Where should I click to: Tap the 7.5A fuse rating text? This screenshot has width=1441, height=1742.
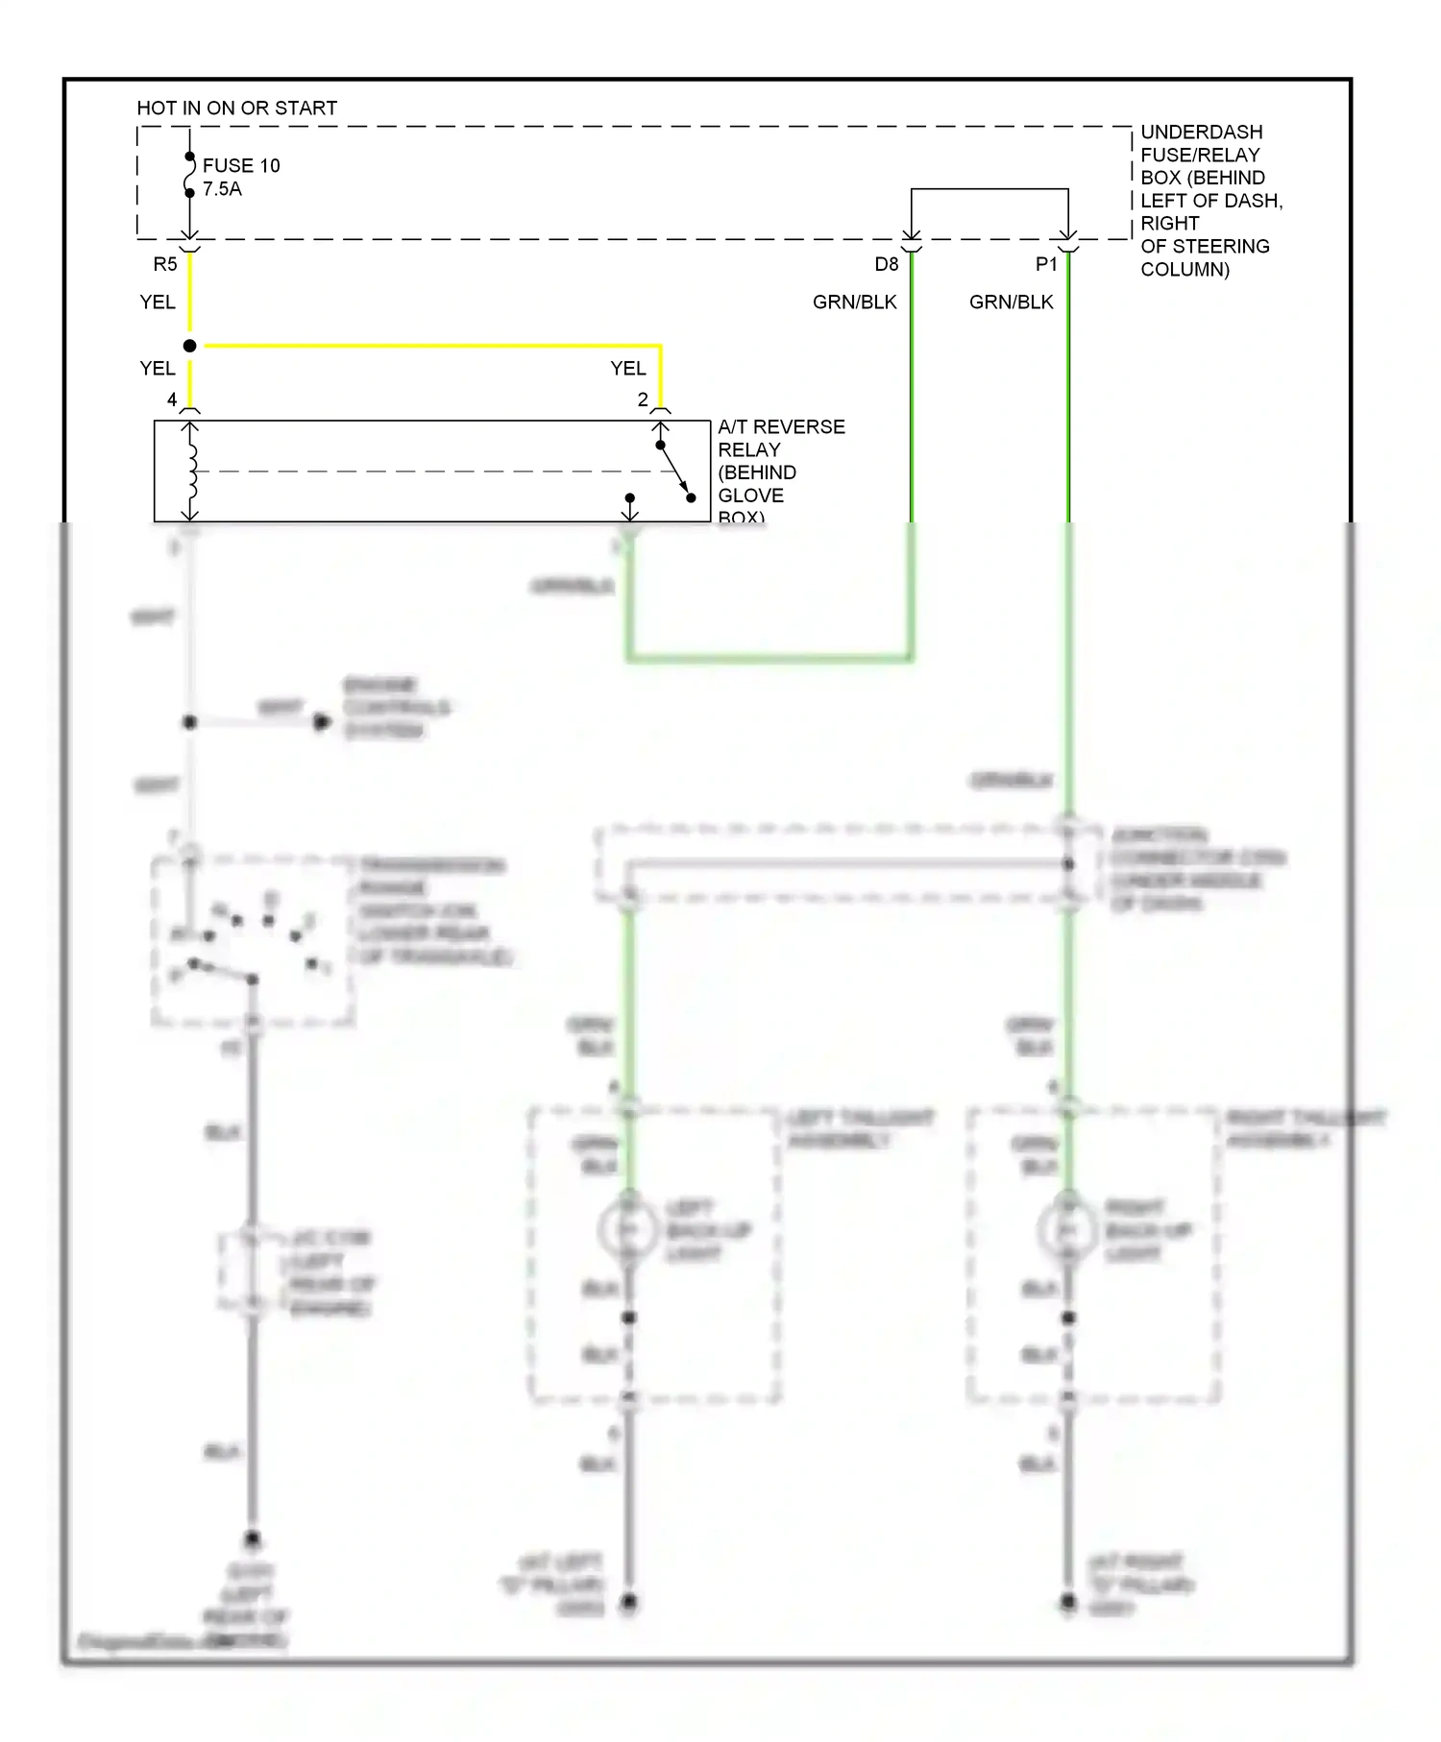[x=222, y=189]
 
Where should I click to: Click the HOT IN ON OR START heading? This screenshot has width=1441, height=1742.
[x=236, y=108]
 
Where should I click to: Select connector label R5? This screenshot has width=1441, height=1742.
[x=165, y=264]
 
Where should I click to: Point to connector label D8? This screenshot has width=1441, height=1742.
[x=886, y=264]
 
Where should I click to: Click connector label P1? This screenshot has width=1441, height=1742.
[x=1046, y=264]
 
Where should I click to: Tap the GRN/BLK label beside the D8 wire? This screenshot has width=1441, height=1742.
[x=854, y=302]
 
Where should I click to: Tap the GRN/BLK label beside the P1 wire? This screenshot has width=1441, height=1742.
[x=1011, y=302]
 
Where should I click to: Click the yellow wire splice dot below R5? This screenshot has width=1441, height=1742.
[x=190, y=346]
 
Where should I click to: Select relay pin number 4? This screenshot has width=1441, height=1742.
[x=172, y=399]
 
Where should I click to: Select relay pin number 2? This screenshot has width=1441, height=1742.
[x=643, y=399]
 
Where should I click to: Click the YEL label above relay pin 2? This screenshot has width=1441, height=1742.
[x=628, y=369]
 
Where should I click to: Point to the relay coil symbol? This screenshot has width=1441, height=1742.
[x=191, y=472]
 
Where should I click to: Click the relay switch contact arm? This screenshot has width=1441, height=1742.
[x=675, y=472]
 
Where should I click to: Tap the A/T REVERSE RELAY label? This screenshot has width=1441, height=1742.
[x=780, y=438]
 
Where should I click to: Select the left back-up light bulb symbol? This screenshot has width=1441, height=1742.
[x=628, y=1230]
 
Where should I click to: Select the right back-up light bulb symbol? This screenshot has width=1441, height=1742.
[x=1067, y=1230]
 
